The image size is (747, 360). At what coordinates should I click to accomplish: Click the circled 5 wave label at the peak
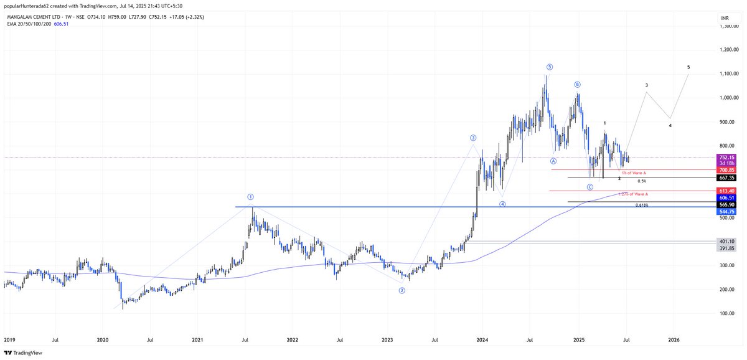pyautogui.click(x=549, y=67)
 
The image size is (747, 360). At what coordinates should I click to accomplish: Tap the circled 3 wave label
pyautogui.click(x=473, y=138)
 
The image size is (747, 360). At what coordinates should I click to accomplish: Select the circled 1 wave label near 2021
pyautogui.click(x=250, y=196)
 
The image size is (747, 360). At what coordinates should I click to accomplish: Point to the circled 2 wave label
pyautogui.click(x=402, y=290)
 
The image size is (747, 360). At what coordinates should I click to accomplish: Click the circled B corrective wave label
pyautogui.click(x=577, y=84)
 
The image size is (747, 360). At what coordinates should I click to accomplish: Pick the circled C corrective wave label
pyautogui.click(x=590, y=187)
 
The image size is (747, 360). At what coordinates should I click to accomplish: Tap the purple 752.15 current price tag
pyautogui.click(x=726, y=158)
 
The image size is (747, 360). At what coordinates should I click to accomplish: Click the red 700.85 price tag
pyautogui.click(x=726, y=169)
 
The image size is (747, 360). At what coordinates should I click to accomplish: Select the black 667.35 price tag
pyautogui.click(x=726, y=178)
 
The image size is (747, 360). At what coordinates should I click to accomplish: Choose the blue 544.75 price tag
pyautogui.click(x=726, y=211)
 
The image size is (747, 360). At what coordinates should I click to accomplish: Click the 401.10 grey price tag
pyautogui.click(x=726, y=242)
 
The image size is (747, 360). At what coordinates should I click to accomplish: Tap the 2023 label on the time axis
pyautogui.click(x=387, y=339)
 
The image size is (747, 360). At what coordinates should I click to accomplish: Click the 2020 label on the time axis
pyautogui.click(x=103, y=339)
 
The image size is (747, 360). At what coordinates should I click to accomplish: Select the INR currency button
pyautogui.click(x=725, y=19)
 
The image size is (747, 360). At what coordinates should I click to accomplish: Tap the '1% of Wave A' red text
pyautogui.click(x=634, y=172)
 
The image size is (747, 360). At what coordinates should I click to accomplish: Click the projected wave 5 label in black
pyautogui.click(x=688, y=67)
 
